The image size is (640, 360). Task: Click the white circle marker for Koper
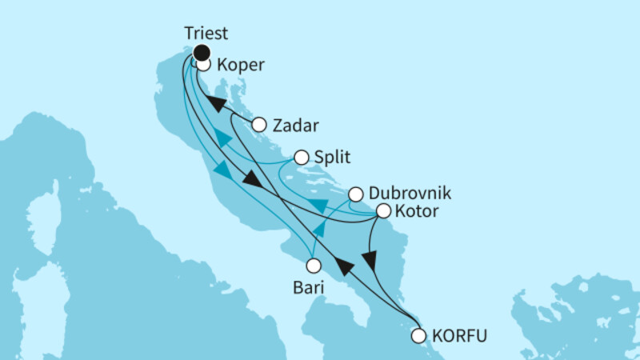click(203, 65)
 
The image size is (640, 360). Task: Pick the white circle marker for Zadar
click(258, 125)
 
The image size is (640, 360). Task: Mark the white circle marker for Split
click(302, 158)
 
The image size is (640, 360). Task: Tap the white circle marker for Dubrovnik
click(356, 194)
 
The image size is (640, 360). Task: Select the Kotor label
click(417, 212)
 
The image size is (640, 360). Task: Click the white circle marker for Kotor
click(383, 212)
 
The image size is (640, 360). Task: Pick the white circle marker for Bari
click(314, 265)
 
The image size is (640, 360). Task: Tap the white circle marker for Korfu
click(418, 336)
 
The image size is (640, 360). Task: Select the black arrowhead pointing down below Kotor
click(369, 262)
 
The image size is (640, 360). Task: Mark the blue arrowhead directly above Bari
click(318, 230)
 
